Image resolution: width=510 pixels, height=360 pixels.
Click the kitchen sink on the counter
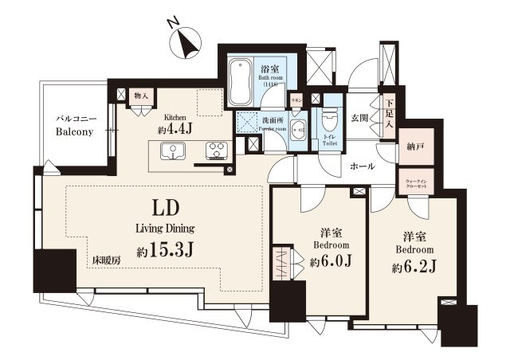pyautogui.click(x=172, y=151)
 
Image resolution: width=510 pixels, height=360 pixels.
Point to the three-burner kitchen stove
pyautogui.click(x=215, y=151)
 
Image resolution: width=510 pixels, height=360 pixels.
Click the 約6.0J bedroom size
pyautogui.click(x=326, y=261)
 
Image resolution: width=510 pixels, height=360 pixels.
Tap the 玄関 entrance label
pyautogui.click(x=359, y=119)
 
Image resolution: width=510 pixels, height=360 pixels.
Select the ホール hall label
pyautogui.click(x=363, y=166)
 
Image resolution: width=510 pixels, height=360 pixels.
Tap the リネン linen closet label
pyautogui.click(x=296, y=100)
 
